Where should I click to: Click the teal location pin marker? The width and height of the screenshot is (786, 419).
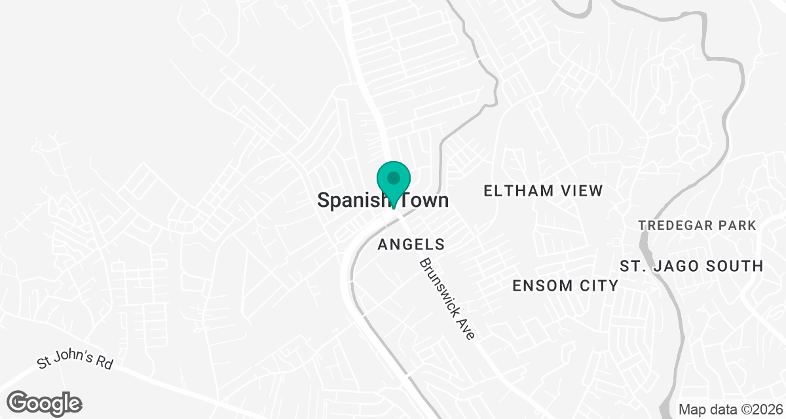click(x=393, y=183)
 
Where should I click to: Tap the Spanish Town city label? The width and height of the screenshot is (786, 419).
click(x=383, y=200)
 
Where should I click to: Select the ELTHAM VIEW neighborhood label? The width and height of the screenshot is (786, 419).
click(x=543, y=191)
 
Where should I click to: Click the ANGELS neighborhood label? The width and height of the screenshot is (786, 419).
click(x=412, y=245)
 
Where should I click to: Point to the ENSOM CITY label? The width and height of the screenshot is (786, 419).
click(x=565, y=286)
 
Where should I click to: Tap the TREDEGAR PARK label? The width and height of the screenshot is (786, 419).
click(x=698, y=226)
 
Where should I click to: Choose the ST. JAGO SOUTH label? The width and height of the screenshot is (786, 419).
click(x=692, y=266)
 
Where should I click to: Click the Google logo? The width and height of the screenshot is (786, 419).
click(x=45, y=403)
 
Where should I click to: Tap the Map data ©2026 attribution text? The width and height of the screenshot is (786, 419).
click(x=730, y=410)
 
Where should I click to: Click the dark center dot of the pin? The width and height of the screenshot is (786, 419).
click(x=393, y=177)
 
